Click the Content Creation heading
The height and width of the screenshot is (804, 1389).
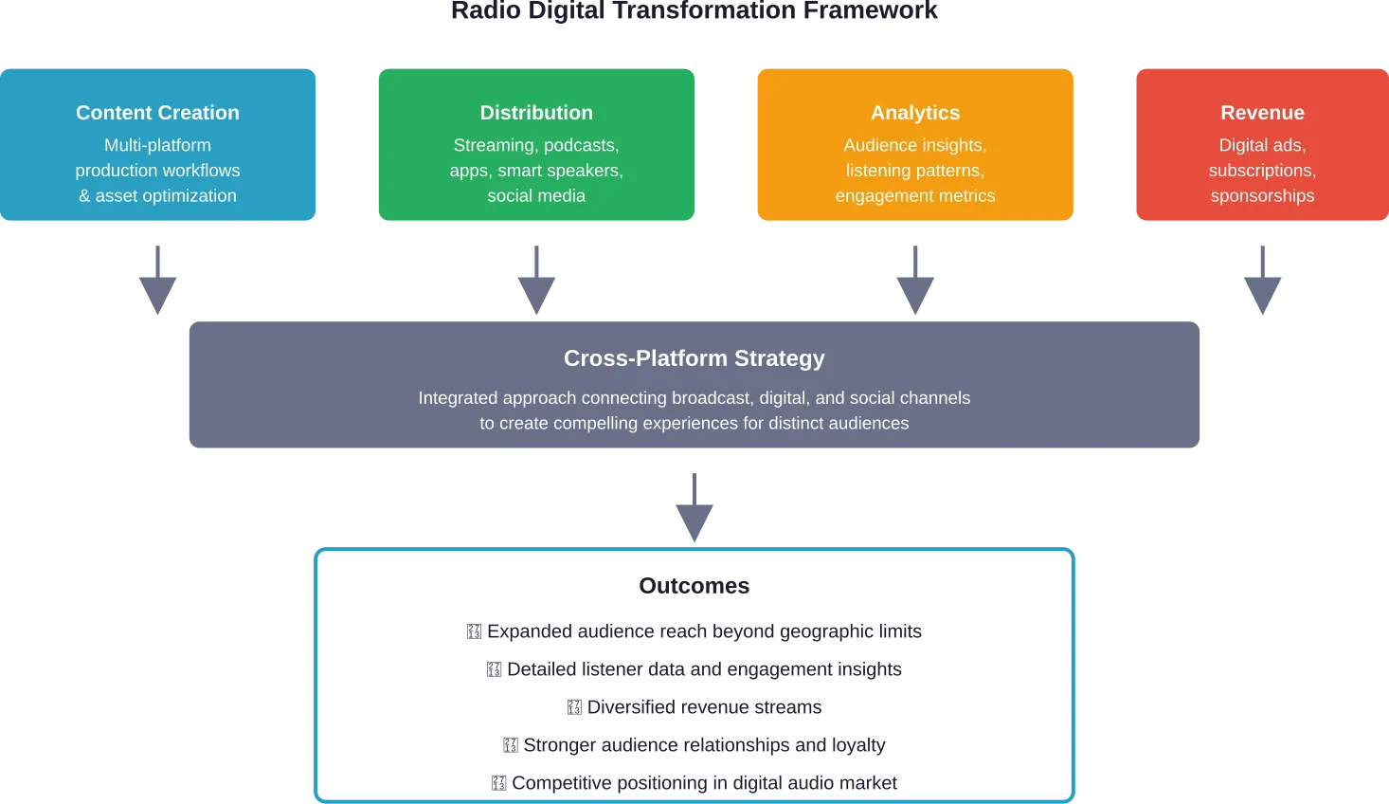pyautogui.click(x=157, y=113)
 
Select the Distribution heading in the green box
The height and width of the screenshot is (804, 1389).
pyautogui.click(x=536, y=113)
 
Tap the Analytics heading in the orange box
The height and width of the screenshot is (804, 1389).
pyautogui.click(x=915, y=113)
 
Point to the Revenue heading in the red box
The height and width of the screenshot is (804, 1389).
pyautogui.click(x=1262, y=113)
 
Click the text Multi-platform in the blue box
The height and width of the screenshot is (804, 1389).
pyautogui.click(x=157, y=145)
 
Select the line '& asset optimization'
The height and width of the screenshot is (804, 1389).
pyautogui.click(x=157, y=195)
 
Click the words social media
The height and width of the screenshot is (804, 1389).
pyautogui.click(x=536, y=195)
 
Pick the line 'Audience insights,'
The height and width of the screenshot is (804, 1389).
pyautogui.click(x=915, y=145)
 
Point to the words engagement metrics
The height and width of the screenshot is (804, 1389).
pyautogui.click(x=915, y=195)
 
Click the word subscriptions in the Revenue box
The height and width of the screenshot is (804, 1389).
pyautogui.click(x=1260, y=171)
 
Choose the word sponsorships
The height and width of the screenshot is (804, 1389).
pyautogui.click(x=1262, y=195)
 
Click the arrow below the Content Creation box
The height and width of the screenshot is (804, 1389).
pyautogui.click(x=159, y=280)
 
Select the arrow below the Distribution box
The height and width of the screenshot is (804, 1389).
pyautogui.click(x=538, y=280)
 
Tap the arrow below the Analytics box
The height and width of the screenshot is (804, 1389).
pyautogui.click(x=917, y=280)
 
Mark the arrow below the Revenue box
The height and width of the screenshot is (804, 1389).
pyautogui.click(x=1262, y=280)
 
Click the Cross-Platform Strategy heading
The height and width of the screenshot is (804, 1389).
pyautogui.click(x=694, y=358)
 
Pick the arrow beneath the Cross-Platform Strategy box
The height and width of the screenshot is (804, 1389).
pyautogui.click(x=694, y=508)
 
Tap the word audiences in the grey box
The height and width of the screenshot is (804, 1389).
pyautogui.click(x=869, y=423)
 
